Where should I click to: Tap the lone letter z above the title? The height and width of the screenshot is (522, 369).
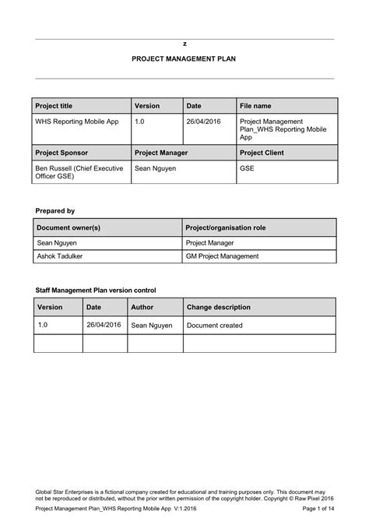(x=184, y=44)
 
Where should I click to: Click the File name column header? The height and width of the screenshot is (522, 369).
(x=255, y=106)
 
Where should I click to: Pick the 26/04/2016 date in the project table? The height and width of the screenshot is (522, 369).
(x=205, y=122)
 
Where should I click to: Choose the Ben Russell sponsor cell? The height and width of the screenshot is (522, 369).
(x=79, y=172)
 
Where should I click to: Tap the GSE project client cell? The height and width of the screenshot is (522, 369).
(x=247, y=168)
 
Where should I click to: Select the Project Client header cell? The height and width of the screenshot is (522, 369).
(x=262, y=153)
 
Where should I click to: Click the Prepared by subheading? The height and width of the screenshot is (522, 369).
(x=55, y=210)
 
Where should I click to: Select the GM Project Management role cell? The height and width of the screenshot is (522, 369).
(x=222, y=256)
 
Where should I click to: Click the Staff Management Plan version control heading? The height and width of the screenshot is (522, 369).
(x=101, y=289)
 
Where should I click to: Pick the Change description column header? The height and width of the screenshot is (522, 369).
(x=219, y=307)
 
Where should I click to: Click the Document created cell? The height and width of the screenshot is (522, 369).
(x=215, y=326)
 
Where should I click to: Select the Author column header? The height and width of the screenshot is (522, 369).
(x=142, y=307)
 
